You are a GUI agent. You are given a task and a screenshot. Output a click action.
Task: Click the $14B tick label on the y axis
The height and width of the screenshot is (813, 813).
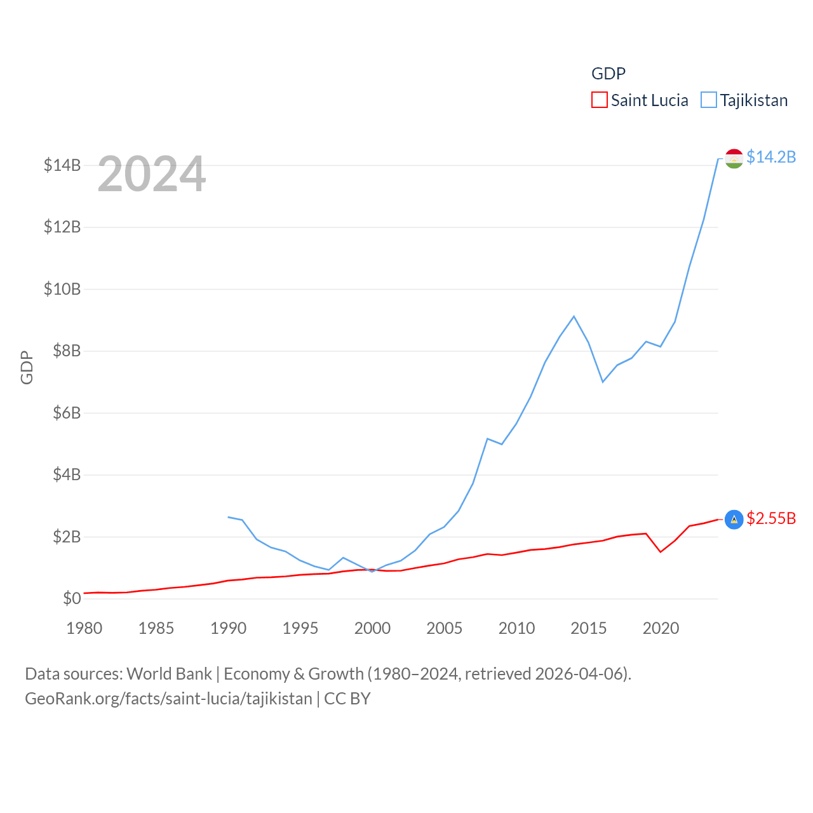pyautogui.click(x=62, y=166)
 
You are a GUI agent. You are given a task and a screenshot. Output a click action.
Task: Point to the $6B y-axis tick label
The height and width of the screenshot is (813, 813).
pyautogui.click(x=67, y=413)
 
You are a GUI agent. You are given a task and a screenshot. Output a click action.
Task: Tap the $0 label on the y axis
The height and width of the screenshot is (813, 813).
pyautogui.click(x=72, y=599)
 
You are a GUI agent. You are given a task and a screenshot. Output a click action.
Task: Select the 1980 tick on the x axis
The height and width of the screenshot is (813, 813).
pyautogui.click(x=84, y=628)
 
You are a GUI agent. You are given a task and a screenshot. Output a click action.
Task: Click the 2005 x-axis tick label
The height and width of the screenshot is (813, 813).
pyautogui.click(x=445, y=628)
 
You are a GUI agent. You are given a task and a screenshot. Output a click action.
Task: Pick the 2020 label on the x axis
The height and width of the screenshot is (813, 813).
pyautogui.click(x=661, y=628)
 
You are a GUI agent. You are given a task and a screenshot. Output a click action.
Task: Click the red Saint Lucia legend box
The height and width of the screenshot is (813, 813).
pyautogui.click(x=599, y=100)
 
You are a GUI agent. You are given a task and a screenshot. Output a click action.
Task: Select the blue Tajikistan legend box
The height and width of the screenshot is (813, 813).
pyautogui.click(x=708, y=100)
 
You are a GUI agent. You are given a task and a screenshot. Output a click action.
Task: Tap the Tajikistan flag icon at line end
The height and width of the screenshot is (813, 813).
pyautogui.click(x=734, y=158)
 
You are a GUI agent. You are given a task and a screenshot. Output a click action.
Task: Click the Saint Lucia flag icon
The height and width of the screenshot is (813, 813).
pyautogui.click(x=734, y=520)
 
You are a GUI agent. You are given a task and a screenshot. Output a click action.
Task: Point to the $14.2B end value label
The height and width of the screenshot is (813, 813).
pyautogui.click(x=771, y=157)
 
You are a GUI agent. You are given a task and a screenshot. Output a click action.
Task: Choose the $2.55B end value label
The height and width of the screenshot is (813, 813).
pyautogui.click(x=771, y=518)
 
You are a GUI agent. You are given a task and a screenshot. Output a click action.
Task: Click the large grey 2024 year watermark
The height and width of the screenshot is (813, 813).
pyautogui.click(x=152, y=174)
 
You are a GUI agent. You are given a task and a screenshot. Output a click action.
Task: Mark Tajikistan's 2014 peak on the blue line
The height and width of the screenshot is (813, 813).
pyautogui.click(x=574, y=316)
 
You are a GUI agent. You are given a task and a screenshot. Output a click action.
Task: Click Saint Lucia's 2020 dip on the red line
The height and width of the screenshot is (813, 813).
pyautogui.click(x=661, y=551)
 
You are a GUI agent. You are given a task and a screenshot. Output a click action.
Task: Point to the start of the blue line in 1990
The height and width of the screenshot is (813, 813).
pyautogui.click(x=229, y=517)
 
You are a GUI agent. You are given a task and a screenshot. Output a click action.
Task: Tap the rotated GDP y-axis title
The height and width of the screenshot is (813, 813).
pyautogui.click(x=27, y=367)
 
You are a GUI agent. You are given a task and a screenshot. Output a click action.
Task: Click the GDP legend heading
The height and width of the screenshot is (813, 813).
pyautogui.click(x=608, y=74)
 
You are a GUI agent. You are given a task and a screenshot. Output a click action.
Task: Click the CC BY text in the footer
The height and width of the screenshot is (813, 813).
pyautogui.click(x=347, y=699)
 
